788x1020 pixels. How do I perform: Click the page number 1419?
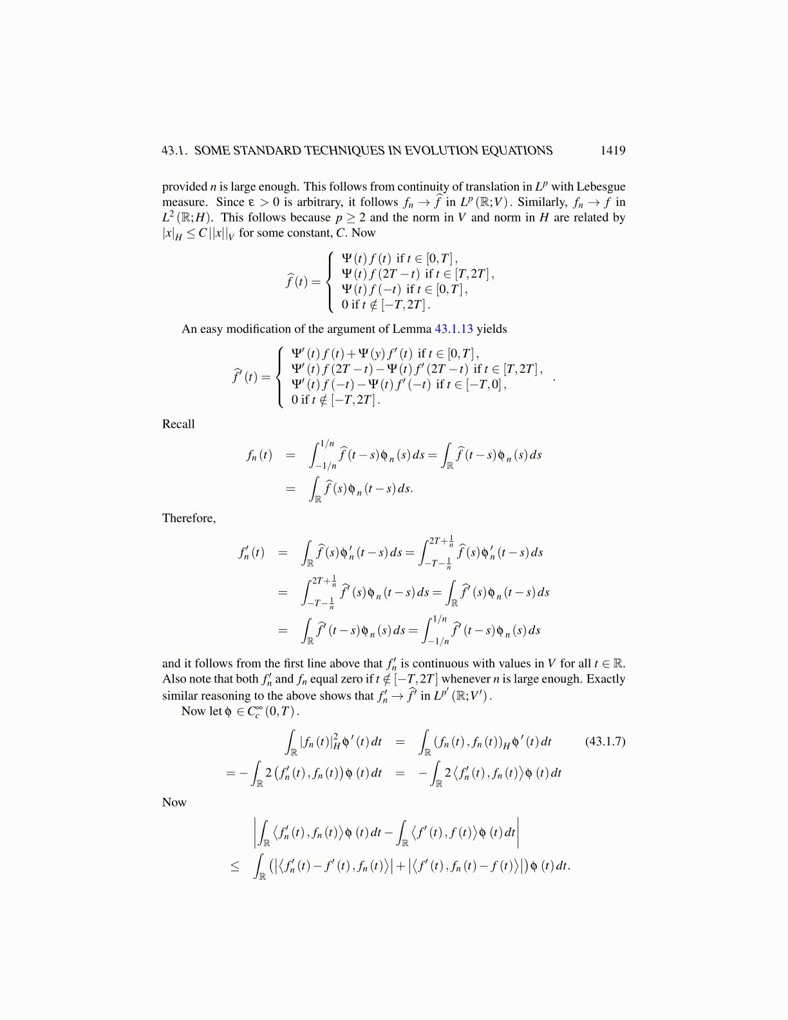612,151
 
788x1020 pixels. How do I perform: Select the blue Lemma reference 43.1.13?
454,329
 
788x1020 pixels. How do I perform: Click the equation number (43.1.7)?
605,741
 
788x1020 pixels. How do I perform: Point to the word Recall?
178,424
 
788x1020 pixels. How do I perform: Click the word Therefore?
189,518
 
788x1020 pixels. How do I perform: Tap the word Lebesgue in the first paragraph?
601,187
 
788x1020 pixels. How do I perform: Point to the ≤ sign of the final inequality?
235,867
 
